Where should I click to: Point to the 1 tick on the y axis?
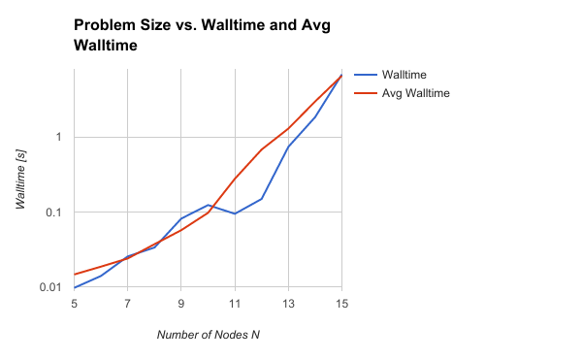click(59, 137)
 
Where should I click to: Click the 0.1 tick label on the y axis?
click(54, 213)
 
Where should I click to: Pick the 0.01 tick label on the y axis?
click(51, 288)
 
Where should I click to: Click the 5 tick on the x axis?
click(75, 303)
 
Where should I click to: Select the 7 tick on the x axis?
click(128, 303)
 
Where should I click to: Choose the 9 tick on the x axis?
click(181, 303)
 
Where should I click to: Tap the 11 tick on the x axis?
click(235, 303)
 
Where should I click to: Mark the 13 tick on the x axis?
click(288, 303)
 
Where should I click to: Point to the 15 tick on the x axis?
click(340, 303)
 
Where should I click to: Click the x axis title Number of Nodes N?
click(208, 335)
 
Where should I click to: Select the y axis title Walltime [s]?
click(21, 181)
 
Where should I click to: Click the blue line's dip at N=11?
click(235, 213)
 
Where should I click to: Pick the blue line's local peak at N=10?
click(209, 205)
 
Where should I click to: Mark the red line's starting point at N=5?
click(75, 275)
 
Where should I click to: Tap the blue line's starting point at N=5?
click(75, 287)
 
